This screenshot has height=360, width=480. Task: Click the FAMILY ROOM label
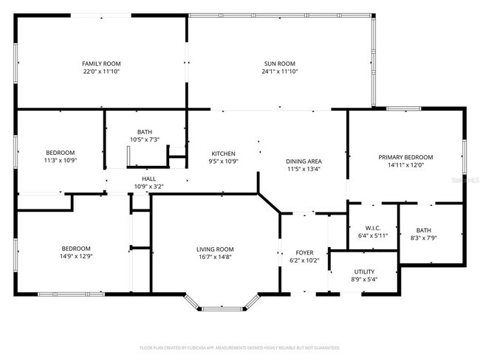point(100,64)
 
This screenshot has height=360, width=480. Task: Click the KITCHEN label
point(223,153)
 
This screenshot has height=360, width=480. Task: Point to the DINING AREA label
point(304,161)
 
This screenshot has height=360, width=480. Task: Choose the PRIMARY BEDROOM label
point(405,157)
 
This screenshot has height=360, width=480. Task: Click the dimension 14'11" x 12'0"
point(405,165)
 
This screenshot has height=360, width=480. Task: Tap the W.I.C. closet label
point(372,228)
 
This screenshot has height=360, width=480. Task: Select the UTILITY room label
point(363,271)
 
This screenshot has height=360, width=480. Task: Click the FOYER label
point(304,253)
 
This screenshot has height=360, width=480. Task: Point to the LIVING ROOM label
point(215,249)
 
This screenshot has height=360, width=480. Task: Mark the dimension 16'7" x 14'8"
point(215,257)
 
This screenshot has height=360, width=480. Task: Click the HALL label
point(149,179)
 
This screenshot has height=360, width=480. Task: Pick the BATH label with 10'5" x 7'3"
point(144,131)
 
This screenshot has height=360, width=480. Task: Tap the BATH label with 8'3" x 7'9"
point(423,230)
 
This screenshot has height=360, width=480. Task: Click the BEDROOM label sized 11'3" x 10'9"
point(60,152)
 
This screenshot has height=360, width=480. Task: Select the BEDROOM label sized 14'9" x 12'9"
point(76,248)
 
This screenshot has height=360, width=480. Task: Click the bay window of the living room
point(222,302)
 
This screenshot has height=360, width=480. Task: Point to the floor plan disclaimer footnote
point(240,347)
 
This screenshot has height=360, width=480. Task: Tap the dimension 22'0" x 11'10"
point(100,72)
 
